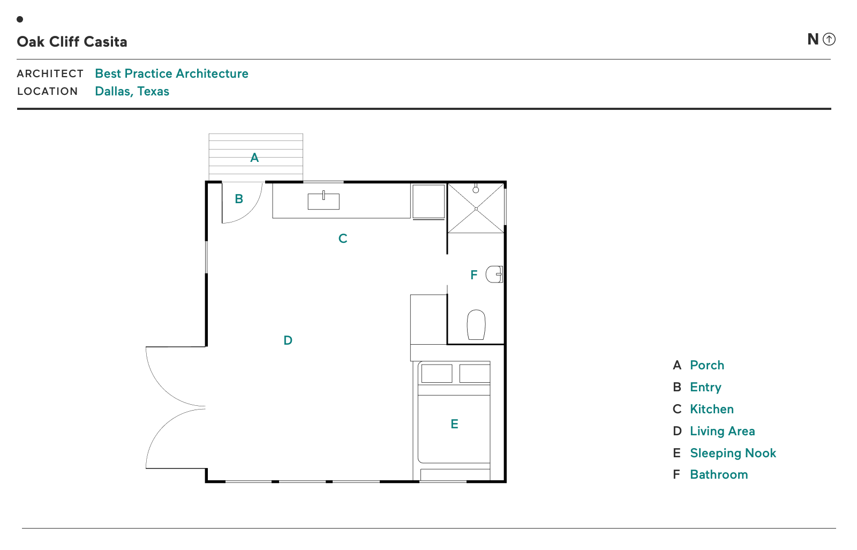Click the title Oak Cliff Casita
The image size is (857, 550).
click(x=72, y=42)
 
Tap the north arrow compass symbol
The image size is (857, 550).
click(x=829, y=39)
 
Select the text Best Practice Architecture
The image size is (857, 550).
click(x=171, y=73)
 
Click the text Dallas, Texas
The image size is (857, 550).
click(x=132, y=91)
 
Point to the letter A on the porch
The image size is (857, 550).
click(x=254, y=158)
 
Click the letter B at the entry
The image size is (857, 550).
click(x=239, y=199)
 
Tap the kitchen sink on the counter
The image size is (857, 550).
click(x=324, y=201)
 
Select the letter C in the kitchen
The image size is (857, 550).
click(x=343, y=239)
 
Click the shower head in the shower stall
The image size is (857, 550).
click(x=476, y=189)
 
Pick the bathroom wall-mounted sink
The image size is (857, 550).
click(x=494, y=274)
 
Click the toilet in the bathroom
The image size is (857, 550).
click(x=476, y=325)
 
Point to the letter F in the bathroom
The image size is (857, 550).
click(x=473, y=274)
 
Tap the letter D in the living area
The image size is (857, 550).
click(x=288, y=340)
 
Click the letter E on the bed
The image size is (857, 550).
click(x=455, y=424)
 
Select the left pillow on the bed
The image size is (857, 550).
click(x=437, y=374)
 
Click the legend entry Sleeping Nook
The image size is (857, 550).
click(x=733, y=453)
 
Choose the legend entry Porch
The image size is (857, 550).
click(x=707, y=365)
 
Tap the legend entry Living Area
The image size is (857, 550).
click(x=723, y=431)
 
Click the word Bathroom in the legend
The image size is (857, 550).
click(x=719, y=474)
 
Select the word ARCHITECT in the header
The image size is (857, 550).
click(x=50, y=73)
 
